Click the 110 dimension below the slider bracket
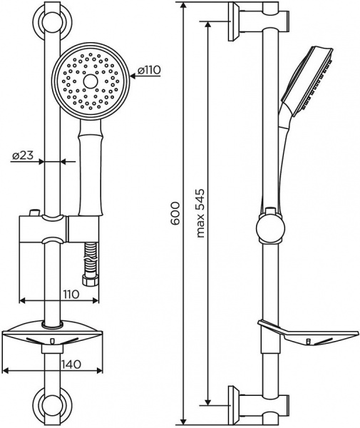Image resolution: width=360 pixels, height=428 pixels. [68, 293]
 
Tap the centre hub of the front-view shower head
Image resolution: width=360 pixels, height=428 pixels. [90, 82]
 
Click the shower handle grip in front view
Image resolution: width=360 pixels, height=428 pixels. [90, 171]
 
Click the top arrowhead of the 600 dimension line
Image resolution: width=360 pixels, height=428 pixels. [183, 6]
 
